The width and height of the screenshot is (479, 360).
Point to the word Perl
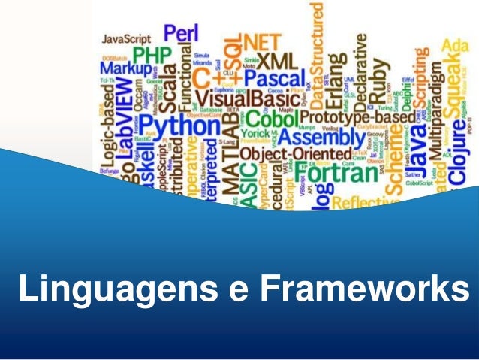181,33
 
